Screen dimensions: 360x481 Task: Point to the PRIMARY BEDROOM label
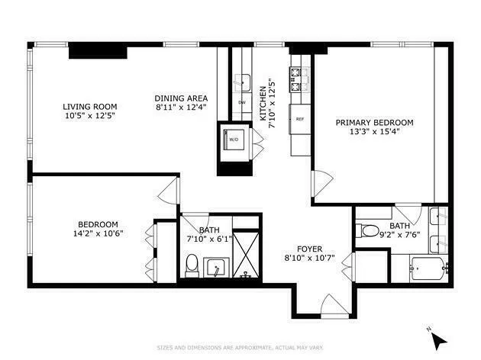pyautogui.click(x=374, y=122)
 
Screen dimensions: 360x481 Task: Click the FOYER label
pyautogui.click(x=310, y=249)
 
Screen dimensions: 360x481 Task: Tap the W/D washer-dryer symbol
pyautogui.click(x=232, y=140)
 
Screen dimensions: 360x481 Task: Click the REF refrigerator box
pyautogui.click(x=300, y=119)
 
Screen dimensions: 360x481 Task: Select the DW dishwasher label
pyautogui.click(x=242, y=102)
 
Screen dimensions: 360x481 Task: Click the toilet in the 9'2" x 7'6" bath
pyautogui.click(x=368, y=230)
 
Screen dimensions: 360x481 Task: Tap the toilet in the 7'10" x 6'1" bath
pyautogui.click(x=192, y=265)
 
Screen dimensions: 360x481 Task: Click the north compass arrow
pyautogui.click(x=434, y=335)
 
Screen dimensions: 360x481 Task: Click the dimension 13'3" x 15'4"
pyautogui.click(x=374, y=132)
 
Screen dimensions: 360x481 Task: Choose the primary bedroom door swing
pyautogui.click(x=321, y=184)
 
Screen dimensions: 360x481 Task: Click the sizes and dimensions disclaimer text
pyautogui.click(x=240, y=348)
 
